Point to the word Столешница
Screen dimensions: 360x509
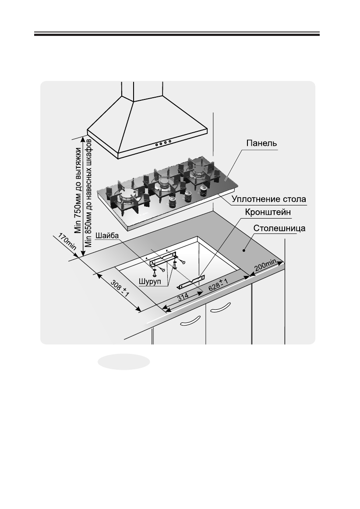click(x=279, y=229)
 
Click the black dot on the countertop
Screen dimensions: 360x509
click(x=243, y=250)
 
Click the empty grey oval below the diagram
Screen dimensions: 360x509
click(x=124, y=362)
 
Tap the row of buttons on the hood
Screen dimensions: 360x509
click(x=162, y=142)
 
